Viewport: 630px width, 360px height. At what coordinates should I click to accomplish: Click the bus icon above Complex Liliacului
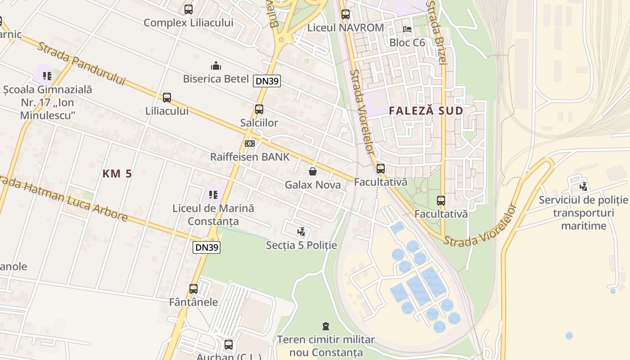[x=189, y=9]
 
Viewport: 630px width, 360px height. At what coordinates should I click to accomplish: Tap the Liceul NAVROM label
[x=345, y=27]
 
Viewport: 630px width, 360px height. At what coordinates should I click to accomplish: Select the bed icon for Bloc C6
[x=407, y=29]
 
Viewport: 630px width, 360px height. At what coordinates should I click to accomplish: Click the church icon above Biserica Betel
[x=216, y=66]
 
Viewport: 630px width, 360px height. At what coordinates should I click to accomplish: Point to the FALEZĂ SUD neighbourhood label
[x=426, y=111]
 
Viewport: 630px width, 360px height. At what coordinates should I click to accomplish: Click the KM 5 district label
[x=117, y=174]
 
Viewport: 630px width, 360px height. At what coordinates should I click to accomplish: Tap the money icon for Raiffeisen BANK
[x=250, y=144]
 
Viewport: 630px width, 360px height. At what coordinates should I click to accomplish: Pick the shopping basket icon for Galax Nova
[x=313, y=171]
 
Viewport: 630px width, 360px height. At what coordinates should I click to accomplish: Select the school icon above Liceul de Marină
[x=213, y=195]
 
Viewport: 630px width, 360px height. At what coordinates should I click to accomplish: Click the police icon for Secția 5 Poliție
[x=301, y=232]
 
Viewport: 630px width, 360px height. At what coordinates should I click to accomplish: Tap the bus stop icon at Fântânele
[x=193, y=289]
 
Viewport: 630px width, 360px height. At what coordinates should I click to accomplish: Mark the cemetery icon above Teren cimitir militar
[x=326, y=326]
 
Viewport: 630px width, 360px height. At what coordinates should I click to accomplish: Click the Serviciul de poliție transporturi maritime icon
[x=584, y=186]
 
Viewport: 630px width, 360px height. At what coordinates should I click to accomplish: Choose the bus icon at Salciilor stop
[x=259, y=109]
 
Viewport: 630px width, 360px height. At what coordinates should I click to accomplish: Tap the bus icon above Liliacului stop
[x=167, y=98]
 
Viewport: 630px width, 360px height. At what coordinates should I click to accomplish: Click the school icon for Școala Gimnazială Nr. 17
[x=47, y=76]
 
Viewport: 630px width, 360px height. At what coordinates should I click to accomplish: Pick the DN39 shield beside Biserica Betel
[x=267, y=81]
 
